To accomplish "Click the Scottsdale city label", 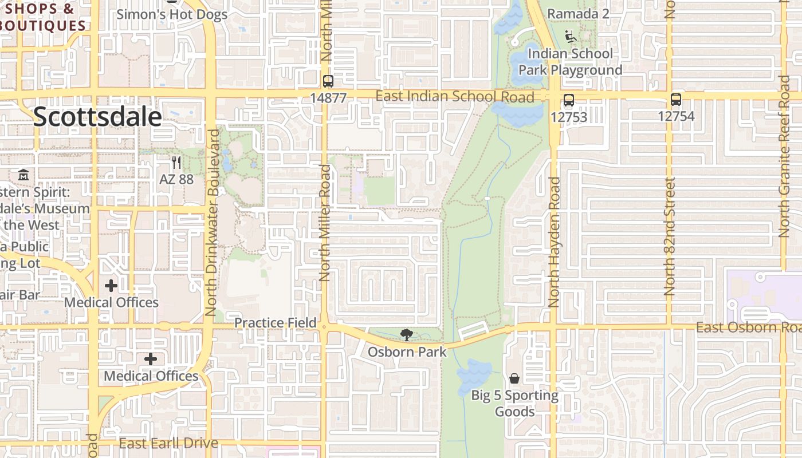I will click(x=97, y=117).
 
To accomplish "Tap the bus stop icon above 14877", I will click(x=328, y=81).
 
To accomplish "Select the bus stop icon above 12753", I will click(x=568, y=100).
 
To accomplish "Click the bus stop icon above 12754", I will click(x=676, y=100).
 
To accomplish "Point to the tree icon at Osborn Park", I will click(x=407, y=334).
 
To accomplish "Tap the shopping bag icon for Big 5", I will click(x=514, y=378).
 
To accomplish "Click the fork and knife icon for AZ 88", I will click(x=176, y=163).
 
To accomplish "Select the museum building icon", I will click(x=23, y=174).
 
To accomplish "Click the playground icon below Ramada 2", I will click(x=569, y=37).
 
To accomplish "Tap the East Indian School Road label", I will click(x=455, y=96).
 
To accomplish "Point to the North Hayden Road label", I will click(x=554, y=242).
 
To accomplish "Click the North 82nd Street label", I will click(x=670, y=236).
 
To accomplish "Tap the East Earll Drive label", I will click(x=168, y=443).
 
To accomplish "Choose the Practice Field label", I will click(x=276, y=323).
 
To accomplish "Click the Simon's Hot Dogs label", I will click(x=172, y=14).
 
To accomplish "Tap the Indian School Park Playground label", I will click(x=571, y=62).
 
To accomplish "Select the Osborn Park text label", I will click(x=407, y=352).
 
